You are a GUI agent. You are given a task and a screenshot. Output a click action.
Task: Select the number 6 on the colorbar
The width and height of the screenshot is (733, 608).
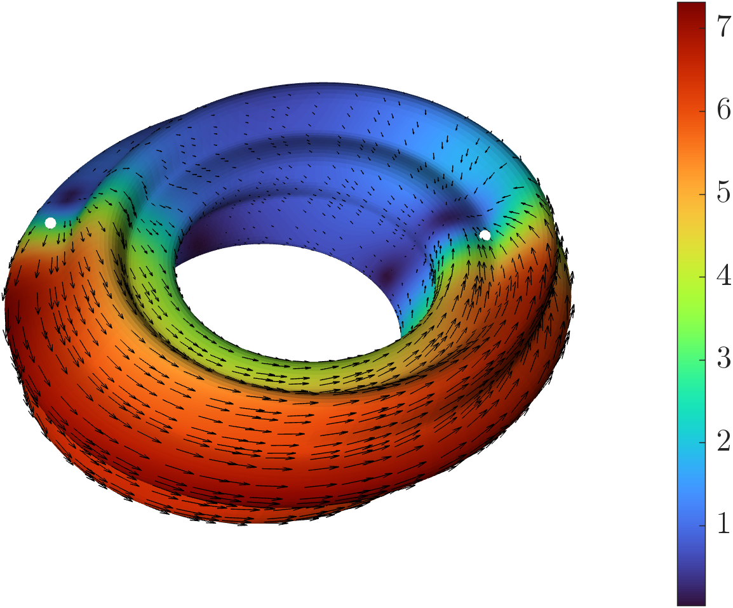(723, 110)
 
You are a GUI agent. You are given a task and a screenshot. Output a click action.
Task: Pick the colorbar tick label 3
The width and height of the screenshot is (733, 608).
(723, 359)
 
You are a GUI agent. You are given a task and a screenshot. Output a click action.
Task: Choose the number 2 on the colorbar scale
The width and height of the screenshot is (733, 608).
(723, 441)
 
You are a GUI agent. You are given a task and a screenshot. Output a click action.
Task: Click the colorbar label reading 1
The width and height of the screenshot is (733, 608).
(723, 524)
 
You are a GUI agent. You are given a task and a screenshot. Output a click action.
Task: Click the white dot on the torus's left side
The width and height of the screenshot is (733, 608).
(50, 223)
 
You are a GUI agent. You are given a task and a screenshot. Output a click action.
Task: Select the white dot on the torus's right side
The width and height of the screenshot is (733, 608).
(485, 235)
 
